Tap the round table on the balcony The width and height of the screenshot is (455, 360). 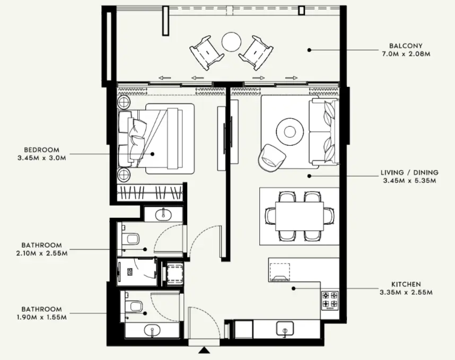(x=231, y=42)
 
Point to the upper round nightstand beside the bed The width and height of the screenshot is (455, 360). (x=124, y=103)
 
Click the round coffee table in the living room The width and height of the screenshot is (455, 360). (x=290, y=130)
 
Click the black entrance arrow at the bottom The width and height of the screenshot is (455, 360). (x=204, y=351)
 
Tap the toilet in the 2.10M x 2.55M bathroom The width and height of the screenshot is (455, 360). (x=130, y=238)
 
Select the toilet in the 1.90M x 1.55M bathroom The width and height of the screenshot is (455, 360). (x=134, y=306)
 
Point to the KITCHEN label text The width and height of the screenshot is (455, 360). (x=406, y=284)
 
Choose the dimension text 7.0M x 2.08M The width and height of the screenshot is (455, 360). (x=406, y=54)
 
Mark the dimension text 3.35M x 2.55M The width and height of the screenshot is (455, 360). (x=406, y=293)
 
